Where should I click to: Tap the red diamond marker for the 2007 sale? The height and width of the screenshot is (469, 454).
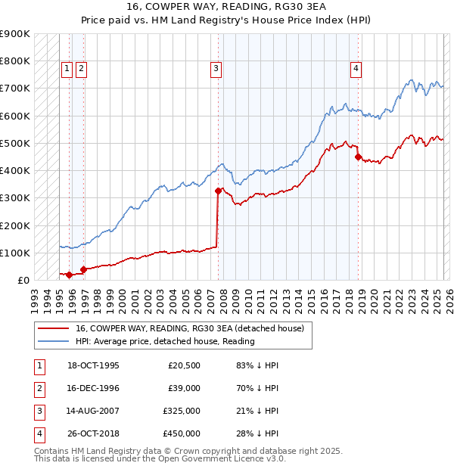coord(218,191)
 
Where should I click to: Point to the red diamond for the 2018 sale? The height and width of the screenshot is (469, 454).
coord(358,157)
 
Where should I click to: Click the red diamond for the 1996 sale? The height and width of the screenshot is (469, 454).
coord(83,269)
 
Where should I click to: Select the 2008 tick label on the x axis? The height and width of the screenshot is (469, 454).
coord(224,295)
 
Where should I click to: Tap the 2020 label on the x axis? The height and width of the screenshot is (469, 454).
coord(376,295)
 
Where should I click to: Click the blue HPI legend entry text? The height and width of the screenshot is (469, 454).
coord(165,341)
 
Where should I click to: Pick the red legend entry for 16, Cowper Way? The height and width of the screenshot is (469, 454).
coord(189,328)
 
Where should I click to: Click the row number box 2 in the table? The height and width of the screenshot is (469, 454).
coord(38,388)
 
